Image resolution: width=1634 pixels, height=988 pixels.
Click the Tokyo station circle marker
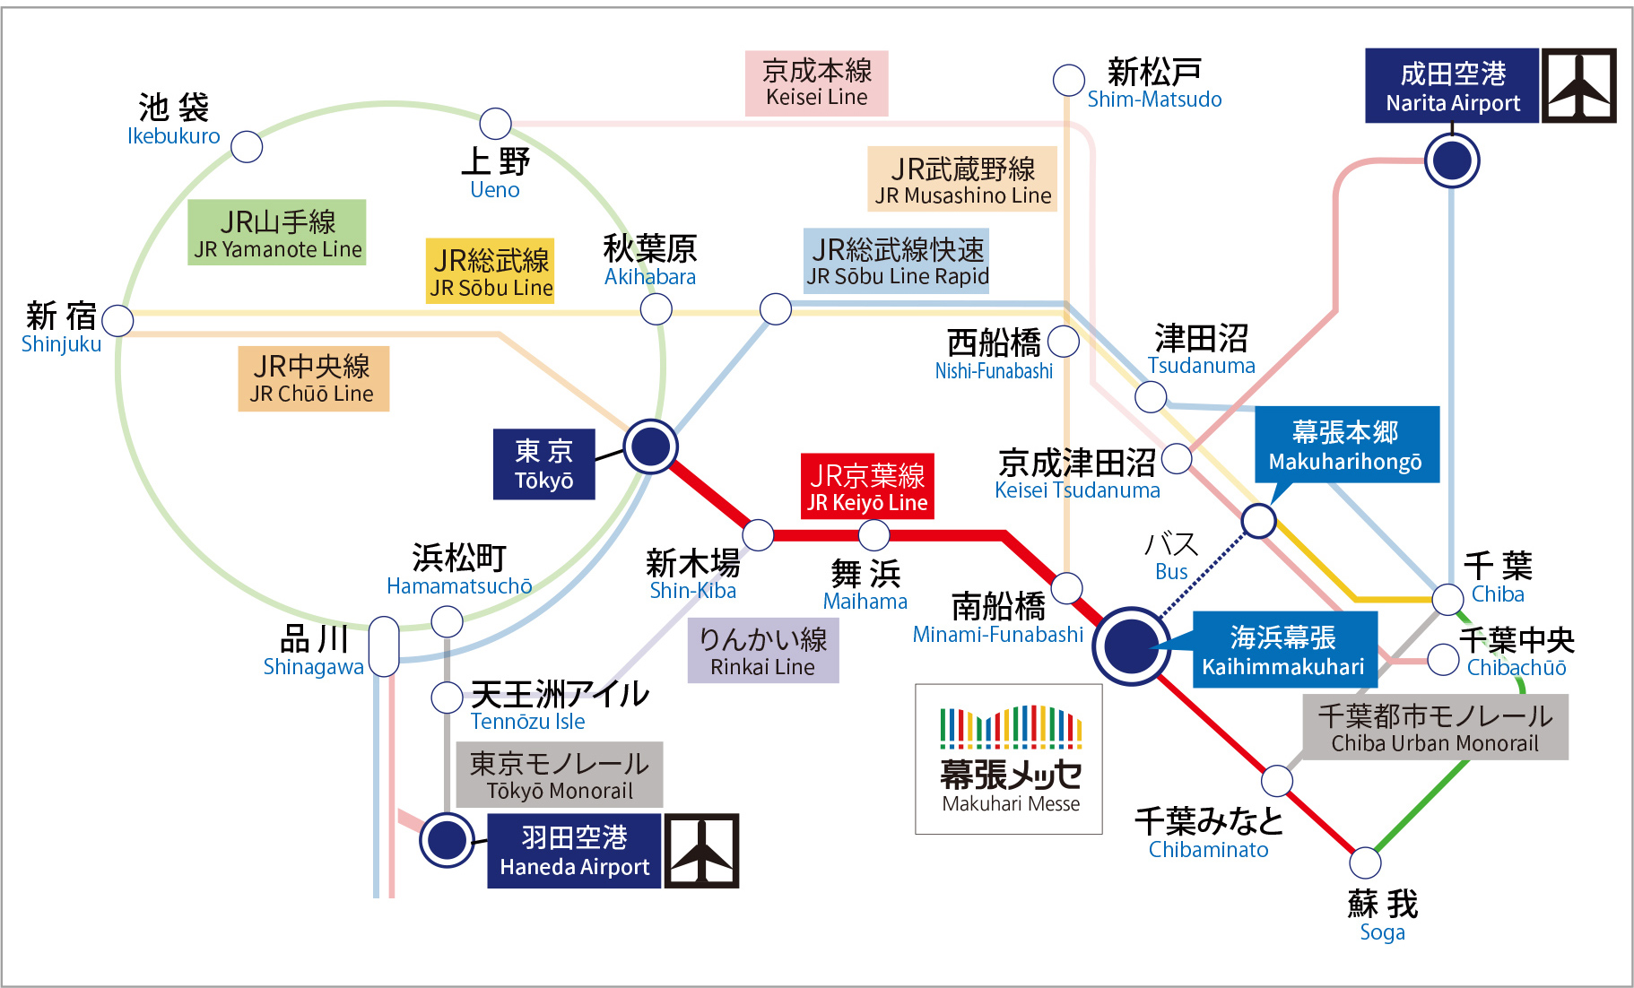pos(650,446)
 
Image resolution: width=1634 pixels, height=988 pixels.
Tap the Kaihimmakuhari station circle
pos(1131,646)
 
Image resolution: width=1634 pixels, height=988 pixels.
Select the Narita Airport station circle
pos(1452,160)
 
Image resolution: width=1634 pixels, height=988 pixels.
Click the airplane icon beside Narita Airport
pos(1579,85)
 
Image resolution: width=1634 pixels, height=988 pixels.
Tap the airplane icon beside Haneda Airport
pos(701,851)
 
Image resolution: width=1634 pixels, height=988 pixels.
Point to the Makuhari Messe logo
pos(1009,758)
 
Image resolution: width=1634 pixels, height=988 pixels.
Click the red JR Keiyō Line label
pos(867,486)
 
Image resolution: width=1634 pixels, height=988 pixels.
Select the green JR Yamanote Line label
pos(278,232)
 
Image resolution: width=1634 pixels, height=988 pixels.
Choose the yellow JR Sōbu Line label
pos(491,271)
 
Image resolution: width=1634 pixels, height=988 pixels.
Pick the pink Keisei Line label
pos(817,82)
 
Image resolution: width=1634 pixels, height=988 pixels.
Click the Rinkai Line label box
pos(763,651)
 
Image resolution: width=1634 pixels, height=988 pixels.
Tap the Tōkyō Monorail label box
pos(560,775)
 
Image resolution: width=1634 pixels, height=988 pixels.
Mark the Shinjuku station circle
pos(117,320)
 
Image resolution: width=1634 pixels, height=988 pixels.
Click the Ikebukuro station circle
pos(247,146)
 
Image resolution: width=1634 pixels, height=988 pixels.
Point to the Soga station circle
pos(1365,862)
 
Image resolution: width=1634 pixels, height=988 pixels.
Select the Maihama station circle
pos(873,535)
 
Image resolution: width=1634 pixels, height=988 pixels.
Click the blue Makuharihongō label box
pos(1347,445)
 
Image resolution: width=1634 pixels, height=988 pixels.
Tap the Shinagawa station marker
pos(384,646)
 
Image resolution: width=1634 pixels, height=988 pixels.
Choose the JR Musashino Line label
pos(962,179)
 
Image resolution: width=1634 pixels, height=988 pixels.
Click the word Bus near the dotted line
pos(1171,571)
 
